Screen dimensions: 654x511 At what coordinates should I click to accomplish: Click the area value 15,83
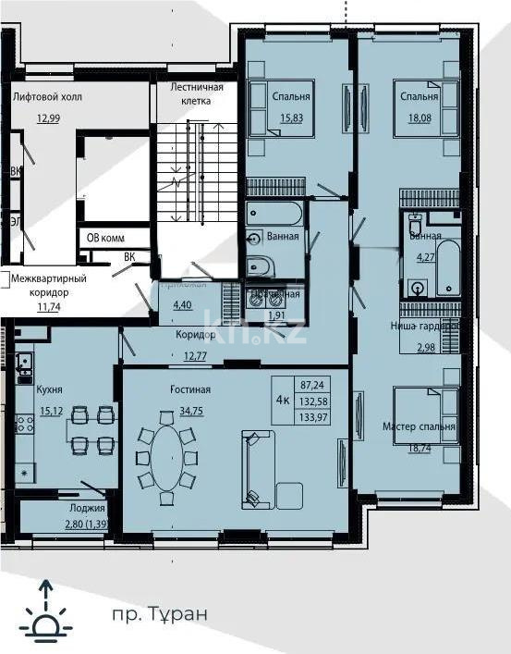tap(291, 117)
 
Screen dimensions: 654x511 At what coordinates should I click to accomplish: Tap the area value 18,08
tap(419, 117)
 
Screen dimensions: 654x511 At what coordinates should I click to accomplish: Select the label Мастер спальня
tap(419, 426)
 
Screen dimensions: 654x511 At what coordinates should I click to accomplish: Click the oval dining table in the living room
tap(166, 457)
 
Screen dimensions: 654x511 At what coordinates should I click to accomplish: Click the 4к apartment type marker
tap(284, 398)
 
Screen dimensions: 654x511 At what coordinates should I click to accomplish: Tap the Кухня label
tap(49, 391)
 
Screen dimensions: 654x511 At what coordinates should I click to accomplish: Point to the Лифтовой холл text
tap(43, 94)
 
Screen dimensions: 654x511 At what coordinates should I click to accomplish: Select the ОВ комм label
tap(105, 238)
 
